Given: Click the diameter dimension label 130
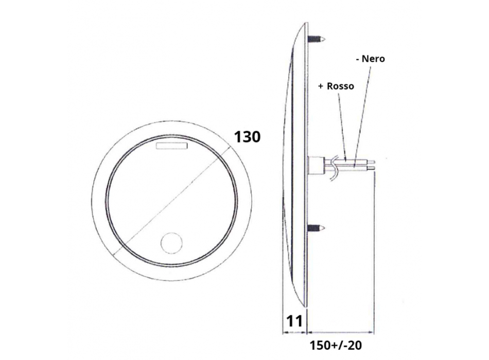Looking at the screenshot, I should pos(247,137).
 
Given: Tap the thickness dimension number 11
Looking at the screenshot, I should pos(294,321).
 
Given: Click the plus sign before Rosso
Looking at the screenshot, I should pos(321,86).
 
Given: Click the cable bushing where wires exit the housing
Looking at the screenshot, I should pos(313,165).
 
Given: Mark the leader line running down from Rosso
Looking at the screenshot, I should pos(342,123).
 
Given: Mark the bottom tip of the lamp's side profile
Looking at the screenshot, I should pos(306,308).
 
